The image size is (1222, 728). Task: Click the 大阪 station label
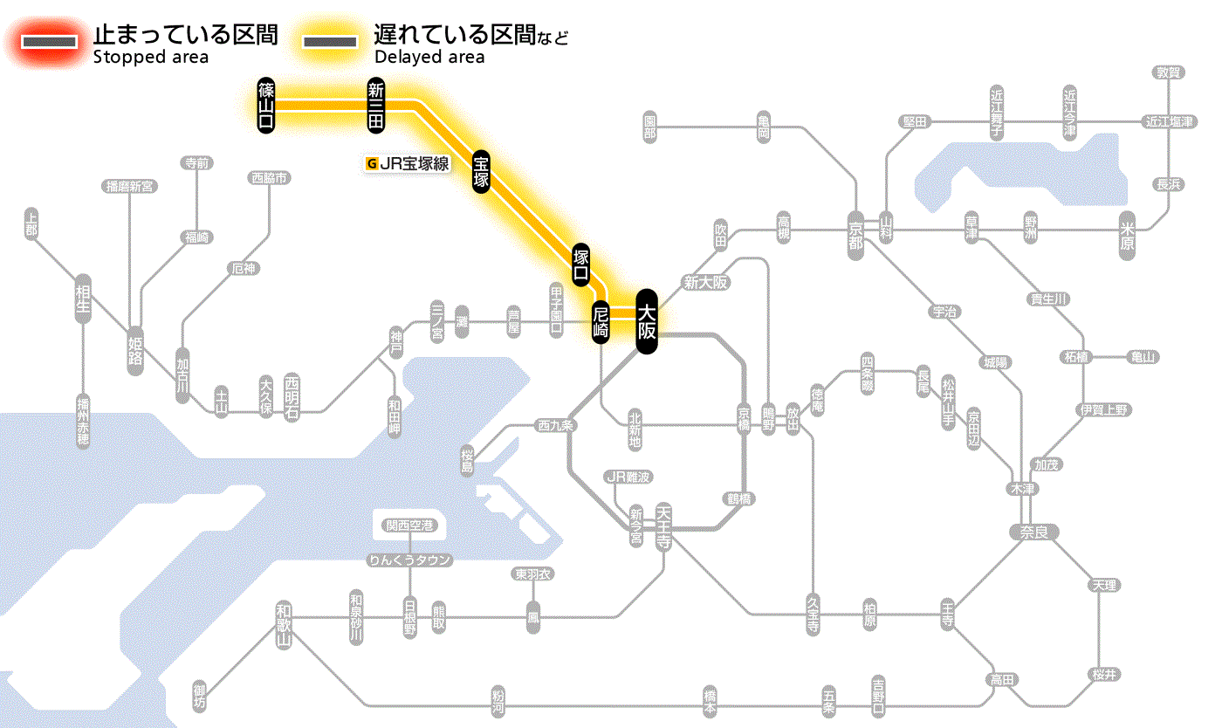click(646, 321)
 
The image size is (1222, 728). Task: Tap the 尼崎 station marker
click(601, 321)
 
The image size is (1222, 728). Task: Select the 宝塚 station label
click(481, 171)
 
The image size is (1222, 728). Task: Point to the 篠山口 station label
click(266, 105)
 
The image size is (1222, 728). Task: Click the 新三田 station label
click(375, 105)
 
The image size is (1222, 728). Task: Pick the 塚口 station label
click(580, 265)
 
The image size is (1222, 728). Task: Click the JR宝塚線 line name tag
click(408, 162)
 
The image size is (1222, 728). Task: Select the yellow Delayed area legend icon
click(329, 42)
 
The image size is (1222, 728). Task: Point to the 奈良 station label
click(1033, 531)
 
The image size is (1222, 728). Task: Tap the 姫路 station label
click(135, 350)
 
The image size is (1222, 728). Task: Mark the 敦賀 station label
click(1169, 72)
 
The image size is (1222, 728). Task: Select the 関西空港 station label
click(409, 525)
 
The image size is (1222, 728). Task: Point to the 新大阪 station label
click(705, 282)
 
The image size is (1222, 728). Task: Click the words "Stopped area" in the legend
click(151, 58)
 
